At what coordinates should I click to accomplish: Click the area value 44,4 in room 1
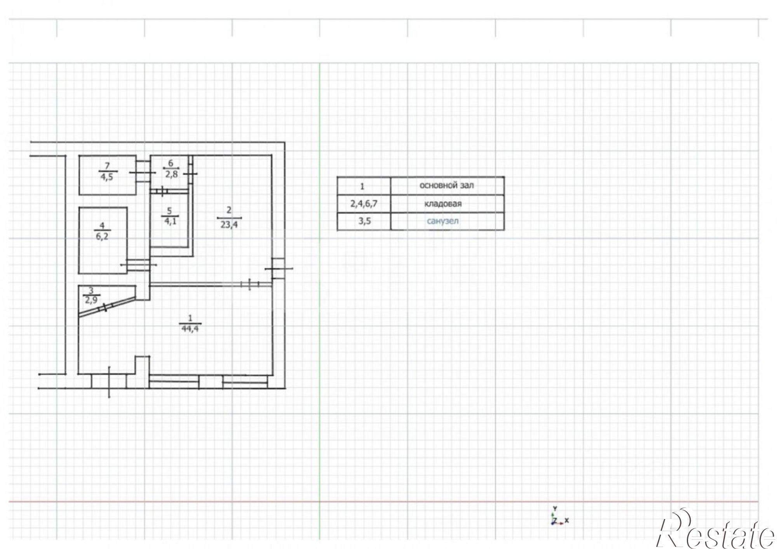pyautogui.click(x=190, y=329)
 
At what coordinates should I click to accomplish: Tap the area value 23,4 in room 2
pyautogui.click(x=229, y=224)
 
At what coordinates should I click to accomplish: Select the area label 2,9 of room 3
pyautogui.click(x=91, y=300)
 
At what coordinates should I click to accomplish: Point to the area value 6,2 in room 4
pyautogui.click(x=102, y=236)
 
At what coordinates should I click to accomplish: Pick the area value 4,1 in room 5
pyautogui.click(x=170, y=221)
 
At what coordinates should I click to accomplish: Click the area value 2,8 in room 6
pyautogui.click(x=171, y=174)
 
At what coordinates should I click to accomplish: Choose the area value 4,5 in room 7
pyautogui.click(x=107, y=177)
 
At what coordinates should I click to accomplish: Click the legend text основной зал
pyautogui.click(x=446, y=185)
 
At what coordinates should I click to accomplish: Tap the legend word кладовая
pyautogui.click(x=443, y=204)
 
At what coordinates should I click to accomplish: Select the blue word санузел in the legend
pyautogui.click(x=443, y=221)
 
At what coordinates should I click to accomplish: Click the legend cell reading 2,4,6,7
pyautogui.click(x=364, y=204)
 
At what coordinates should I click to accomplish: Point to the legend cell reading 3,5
pyautogui.click(x=364, y=221)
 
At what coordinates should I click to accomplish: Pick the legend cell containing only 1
pyautogui.click(x=362, y=186)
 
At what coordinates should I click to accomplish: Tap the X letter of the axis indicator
pyautogui.click(x=567, y=520)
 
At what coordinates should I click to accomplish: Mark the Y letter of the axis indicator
pyautogui.click(x=555, y=508)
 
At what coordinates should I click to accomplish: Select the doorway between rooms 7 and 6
pyautogui.click(x=143, y=171)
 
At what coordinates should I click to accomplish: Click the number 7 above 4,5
pyautogui.click(x=107, y=166)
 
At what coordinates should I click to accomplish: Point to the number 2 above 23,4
pyautogui.click(x=229, y=210)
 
